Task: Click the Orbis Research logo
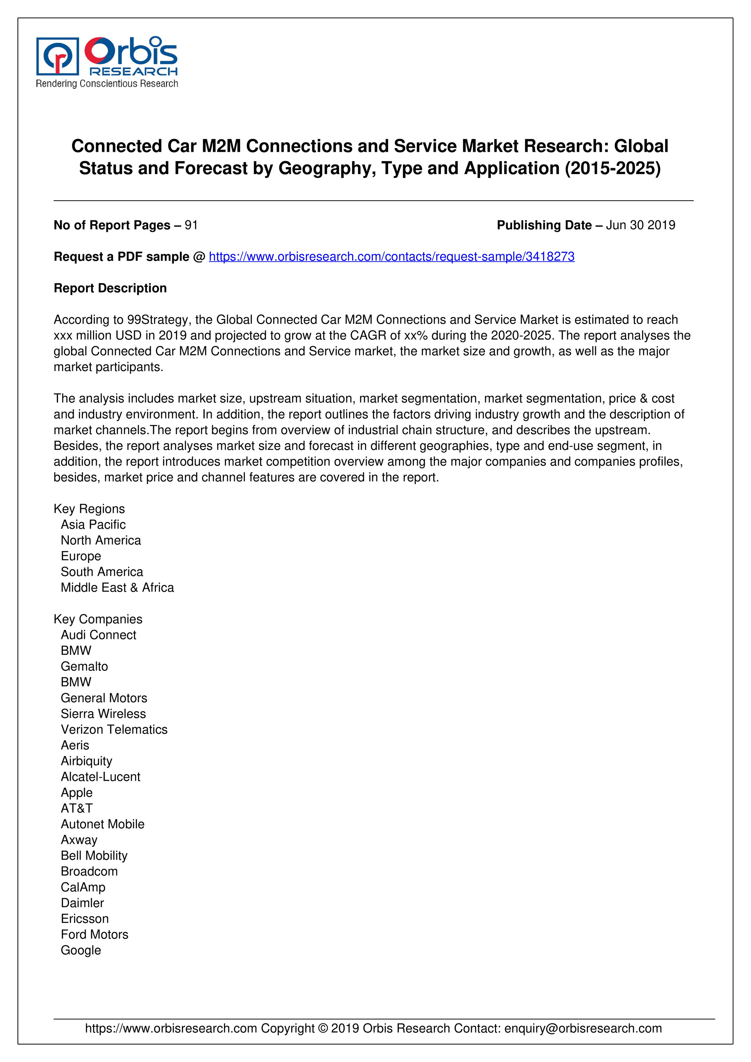[x=107, y=57]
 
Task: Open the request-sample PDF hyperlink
[x=392, y=257]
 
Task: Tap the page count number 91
[x=191, y=225]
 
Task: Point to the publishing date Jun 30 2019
[x=640, y=225]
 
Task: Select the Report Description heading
[x=110, y=288]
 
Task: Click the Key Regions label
[x=89, y=509]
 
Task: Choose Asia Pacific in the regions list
[x=93, y=525]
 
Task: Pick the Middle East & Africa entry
[x=117, y=588]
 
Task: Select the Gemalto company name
[x=84, y=666]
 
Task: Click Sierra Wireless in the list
[x=103, y=714]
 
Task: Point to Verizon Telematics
[x=114, y=729]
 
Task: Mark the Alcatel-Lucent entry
[x=100, y=777]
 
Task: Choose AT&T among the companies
[x=77, y=808]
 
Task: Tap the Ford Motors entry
[x=95, y=934]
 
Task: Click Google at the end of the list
[x=81, y=950]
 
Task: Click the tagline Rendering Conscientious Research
[x=107, y=84]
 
